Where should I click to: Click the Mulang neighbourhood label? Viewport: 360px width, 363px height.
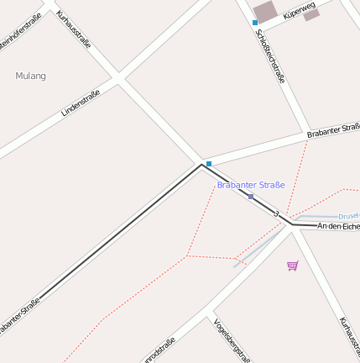[31, 76]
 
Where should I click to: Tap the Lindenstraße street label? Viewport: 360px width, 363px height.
[81, 103]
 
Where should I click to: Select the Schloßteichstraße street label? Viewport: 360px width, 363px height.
[269, 56]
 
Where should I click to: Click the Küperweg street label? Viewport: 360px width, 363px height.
[299, 9]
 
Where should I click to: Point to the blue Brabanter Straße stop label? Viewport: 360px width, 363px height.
[251, 185]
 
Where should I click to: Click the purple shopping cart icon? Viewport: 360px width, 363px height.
[292, 266]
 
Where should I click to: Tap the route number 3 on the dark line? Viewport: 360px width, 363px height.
[276, 213]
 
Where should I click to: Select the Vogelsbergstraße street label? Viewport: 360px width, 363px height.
[231, 339]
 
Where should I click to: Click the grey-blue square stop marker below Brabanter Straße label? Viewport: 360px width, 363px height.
[250, 197]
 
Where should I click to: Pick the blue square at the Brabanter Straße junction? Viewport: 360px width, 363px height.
[209, 163]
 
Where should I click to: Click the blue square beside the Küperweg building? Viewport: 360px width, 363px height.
[255, 23]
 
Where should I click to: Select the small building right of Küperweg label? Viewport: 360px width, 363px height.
[312, 14]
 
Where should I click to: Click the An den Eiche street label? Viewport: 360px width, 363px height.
[338, 226]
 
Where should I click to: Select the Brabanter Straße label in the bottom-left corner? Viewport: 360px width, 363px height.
[18, 317]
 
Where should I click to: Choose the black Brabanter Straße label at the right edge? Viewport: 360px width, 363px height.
[333, 129]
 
